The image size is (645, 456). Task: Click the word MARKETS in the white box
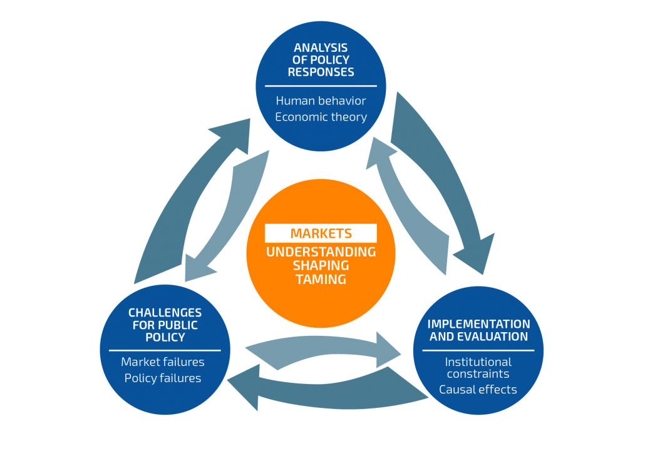coord(321,233)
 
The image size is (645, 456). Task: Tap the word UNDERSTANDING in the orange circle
coord(321,251)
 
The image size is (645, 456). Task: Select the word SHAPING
coord(321,265)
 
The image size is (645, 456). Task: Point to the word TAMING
coord(321,279)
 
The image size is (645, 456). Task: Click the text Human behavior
coord(321,100)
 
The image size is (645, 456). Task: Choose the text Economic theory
coord(321,117)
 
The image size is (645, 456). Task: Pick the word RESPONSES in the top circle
coord(321,72)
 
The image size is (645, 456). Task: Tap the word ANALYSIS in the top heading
coord(321,48)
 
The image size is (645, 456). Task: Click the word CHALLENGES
coord(165,312)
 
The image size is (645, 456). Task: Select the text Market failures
coord(163,362)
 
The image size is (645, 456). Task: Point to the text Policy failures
coord(163,378)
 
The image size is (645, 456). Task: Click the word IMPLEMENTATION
coord(478,324)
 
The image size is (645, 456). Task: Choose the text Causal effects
coord(478,389)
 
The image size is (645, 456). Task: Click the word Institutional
coord(478,362)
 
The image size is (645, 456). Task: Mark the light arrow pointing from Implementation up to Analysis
coord(413,206)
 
